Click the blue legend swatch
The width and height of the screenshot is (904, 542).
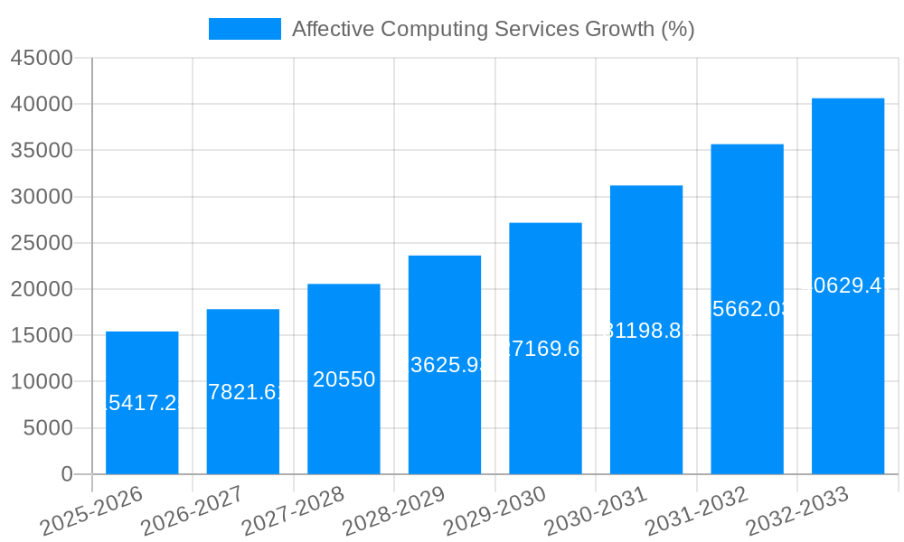(x=244, y=29)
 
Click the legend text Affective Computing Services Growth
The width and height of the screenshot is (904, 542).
(x=493, y=29)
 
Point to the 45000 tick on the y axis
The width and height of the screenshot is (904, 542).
(x=41, y=58)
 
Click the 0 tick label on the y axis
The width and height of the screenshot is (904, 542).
(x=66, y=474)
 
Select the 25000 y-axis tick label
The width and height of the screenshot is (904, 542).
(x=41, y=243)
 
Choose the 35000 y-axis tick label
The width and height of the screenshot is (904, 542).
(x=41, y=150)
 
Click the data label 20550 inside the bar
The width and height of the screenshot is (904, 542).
(x=344, y=379)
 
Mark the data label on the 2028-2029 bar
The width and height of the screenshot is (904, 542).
(x=445, y=365)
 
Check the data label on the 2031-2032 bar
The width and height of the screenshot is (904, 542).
(x=747, y=309)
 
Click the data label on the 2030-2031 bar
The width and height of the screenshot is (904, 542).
(x=646, y=331)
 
